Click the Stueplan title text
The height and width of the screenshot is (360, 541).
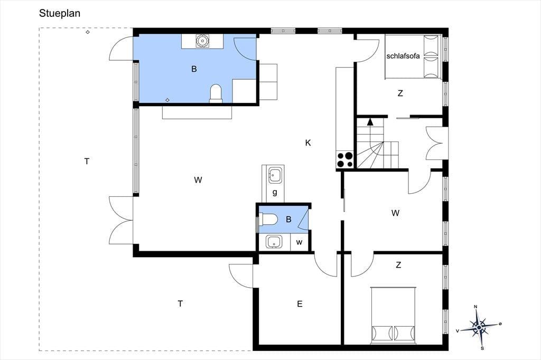(x=60, y=13)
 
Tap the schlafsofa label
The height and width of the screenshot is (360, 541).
(x=403, y=56)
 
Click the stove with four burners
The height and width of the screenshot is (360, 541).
(x=345, y=159)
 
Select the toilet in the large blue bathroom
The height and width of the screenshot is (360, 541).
(x=216, y=93)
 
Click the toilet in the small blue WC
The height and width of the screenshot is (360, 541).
(x=268, y=219)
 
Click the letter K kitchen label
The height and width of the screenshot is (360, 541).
(x=308, y=143)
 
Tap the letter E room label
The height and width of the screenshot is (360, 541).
(x=300, y=304)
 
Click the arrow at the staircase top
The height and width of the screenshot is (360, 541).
(x=370, y=121)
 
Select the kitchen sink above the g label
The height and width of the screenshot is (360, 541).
(x=274, y=176)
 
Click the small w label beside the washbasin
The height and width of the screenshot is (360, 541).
(x=299, y=242)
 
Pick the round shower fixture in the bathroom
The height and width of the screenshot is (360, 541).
(x=202, y=41)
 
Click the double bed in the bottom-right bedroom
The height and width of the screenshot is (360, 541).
(x=393, y=315)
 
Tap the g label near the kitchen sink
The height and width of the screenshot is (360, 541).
(x=275, y=193)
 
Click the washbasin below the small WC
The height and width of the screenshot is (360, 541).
(x=274, y=241)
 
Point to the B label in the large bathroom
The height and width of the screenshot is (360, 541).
(x=194, y=69)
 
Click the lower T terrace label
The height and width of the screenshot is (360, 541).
(x=180, y=304)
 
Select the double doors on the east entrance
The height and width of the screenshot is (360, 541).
(x=435, y=144)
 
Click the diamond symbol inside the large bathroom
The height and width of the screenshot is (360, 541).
(x=167, y=100)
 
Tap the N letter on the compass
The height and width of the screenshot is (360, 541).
(x=475, y=307)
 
